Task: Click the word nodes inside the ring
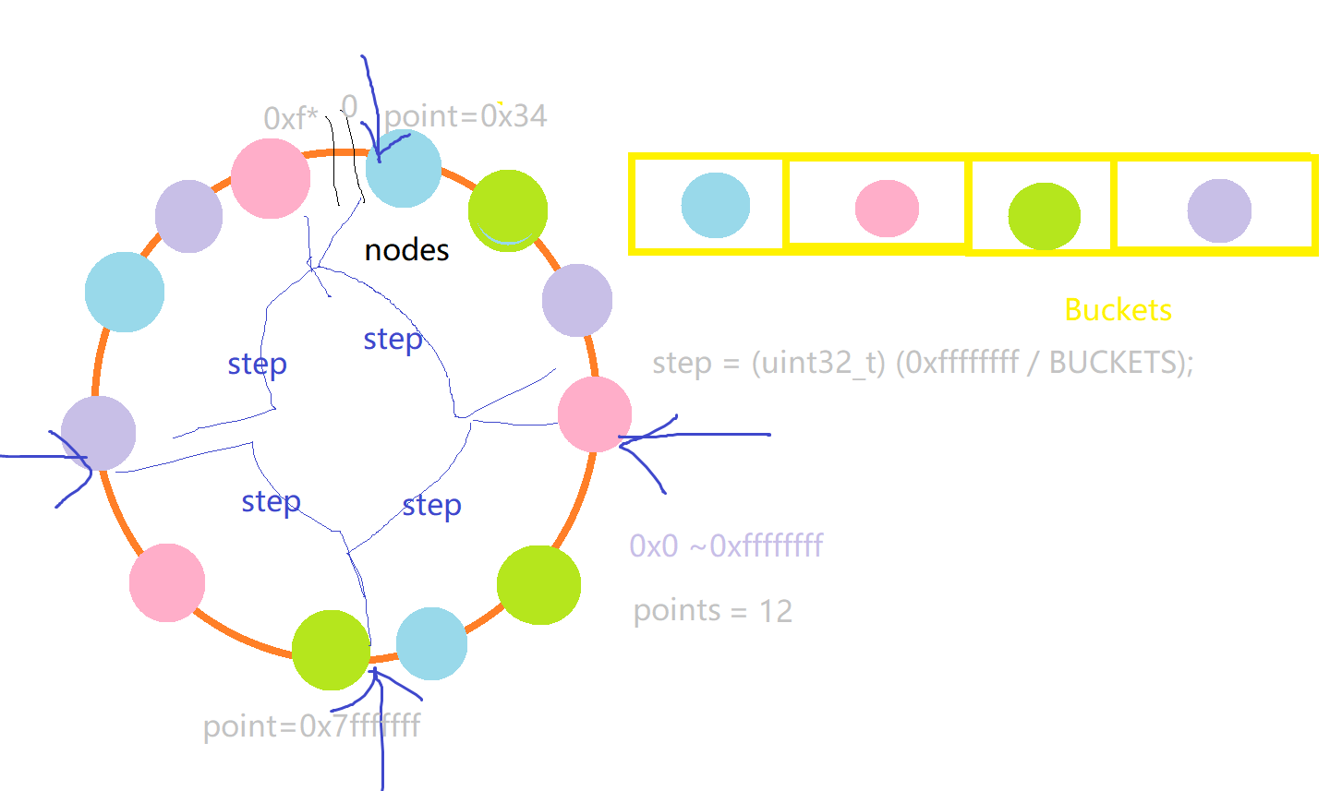click(406, 250)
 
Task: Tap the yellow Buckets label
click(1118, 310)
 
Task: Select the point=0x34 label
click(465, 116)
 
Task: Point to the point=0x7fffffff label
click(311, 726)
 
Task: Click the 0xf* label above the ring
click(290, 118)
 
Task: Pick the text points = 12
click(712, 611)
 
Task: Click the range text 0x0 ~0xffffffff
click(726, 545)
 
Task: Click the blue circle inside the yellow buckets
click(716, 205)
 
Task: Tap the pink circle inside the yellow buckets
click(887, 209)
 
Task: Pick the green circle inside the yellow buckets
click(1044, 216)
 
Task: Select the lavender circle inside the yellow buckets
click(1219, 210)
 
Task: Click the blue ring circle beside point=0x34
click(404, 169)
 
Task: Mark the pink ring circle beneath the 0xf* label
click(270, 178)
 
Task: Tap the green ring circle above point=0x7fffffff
click(331, 650)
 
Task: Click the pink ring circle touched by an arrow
click(595, 413)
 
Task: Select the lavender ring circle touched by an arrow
click(99, 433)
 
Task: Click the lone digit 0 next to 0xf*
click(349, 105)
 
